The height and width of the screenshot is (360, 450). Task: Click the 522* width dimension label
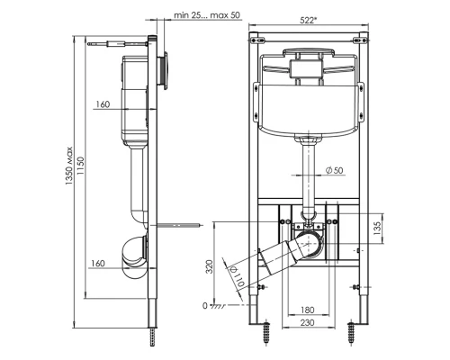[x=309, y=20]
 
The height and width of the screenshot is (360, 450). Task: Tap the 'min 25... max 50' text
[x=207, y=15]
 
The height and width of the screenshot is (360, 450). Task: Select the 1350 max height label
[x=69, y=166]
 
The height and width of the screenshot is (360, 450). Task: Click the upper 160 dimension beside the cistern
[x=103, y=104]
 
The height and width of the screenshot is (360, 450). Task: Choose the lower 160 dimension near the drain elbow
[x=98, y=264]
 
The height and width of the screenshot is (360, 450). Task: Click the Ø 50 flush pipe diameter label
[x=334, y=170]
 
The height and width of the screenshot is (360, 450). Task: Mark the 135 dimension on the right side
[x=377, y=228]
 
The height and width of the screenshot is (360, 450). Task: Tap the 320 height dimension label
[x=210, y=266]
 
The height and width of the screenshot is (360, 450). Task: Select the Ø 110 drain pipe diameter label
[x=238, y=276]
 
